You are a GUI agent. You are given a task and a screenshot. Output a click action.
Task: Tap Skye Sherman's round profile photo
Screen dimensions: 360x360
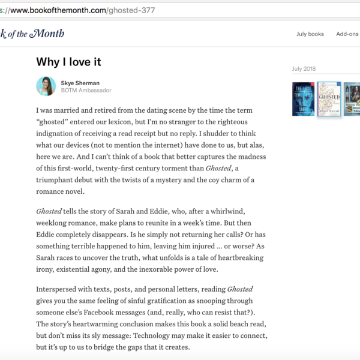click(x=46, y=86)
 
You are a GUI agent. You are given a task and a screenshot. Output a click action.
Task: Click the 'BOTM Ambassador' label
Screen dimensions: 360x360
click(x=86, y=91)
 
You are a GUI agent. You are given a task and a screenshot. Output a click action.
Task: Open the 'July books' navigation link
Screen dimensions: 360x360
click(x=310, y=34)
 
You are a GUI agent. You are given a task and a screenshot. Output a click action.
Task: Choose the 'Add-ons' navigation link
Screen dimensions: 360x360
click(x=347, y=34)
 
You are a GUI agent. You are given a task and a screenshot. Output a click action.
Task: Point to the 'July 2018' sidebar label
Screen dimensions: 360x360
click(x=305, y=69)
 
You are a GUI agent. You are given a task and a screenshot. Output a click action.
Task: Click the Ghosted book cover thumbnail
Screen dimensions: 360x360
click(x=329, y=99)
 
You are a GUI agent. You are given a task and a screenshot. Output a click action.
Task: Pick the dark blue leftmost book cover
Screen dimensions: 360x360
click(x=303, y=99)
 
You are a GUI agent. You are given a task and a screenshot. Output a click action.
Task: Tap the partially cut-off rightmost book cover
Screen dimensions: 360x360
click(x=352, y=99)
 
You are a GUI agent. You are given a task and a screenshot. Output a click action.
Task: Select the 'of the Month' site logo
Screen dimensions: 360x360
click(x=33, y=34)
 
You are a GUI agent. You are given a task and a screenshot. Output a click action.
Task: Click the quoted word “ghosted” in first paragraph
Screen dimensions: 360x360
click(x=53, y=122)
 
